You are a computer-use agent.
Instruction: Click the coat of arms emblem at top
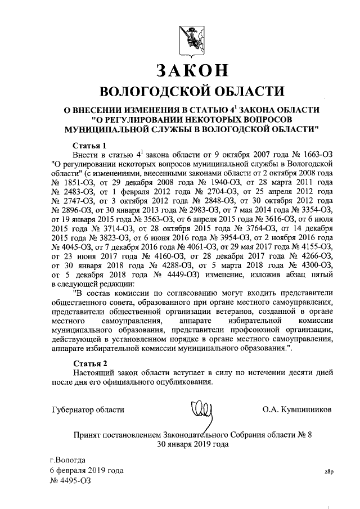[x=191, y=38]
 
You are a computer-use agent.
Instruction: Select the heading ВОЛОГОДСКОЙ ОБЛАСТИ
[x=191, y=91]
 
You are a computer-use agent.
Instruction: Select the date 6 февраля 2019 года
[x=86, y=470]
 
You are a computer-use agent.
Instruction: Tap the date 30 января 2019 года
[x=192, y=444]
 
